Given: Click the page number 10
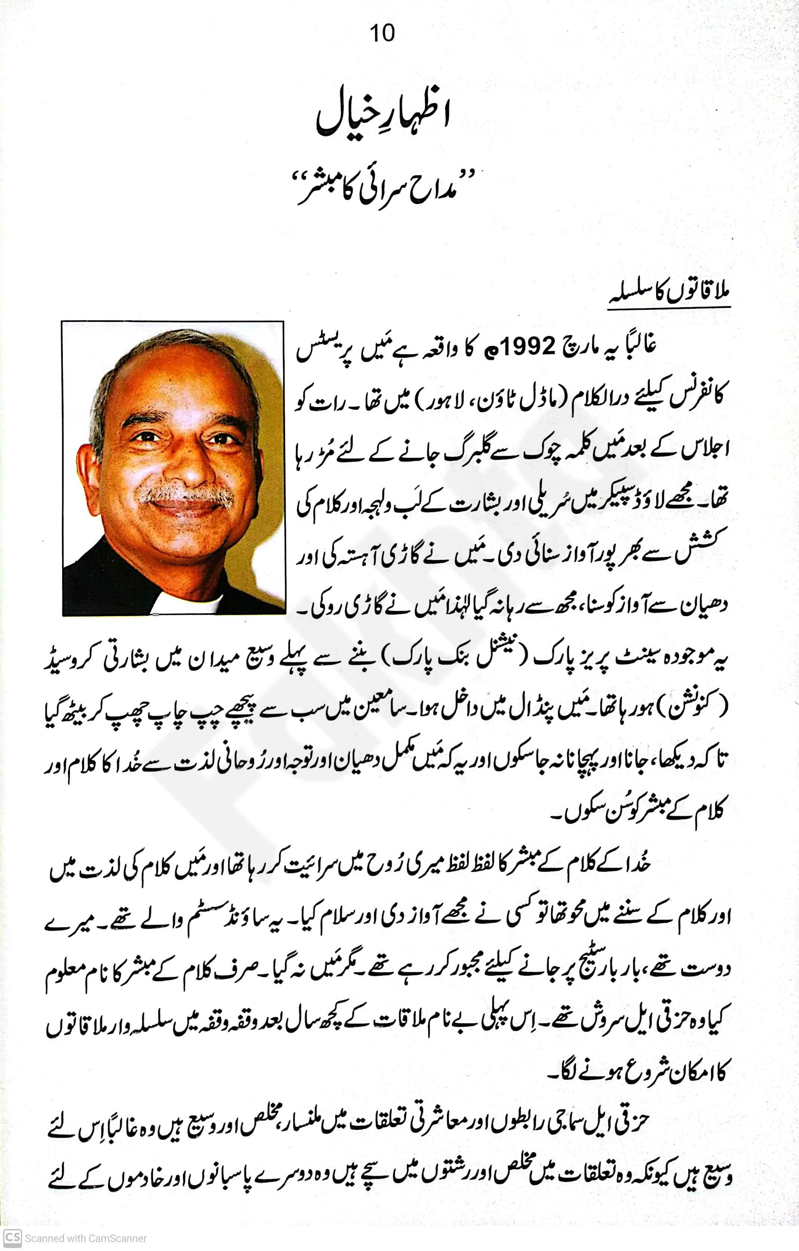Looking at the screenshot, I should click(x=382, y=33).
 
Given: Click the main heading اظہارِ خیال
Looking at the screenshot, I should click(x=383, y=118).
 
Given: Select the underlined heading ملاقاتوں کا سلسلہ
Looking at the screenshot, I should click(x=670, y=295).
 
